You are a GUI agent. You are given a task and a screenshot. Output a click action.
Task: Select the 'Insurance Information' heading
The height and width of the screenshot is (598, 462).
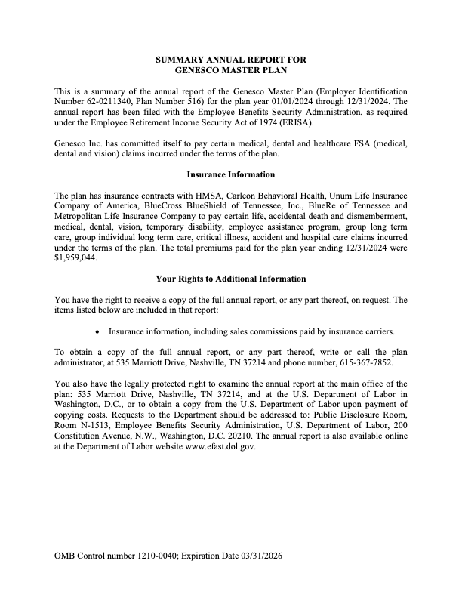[230, 175]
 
